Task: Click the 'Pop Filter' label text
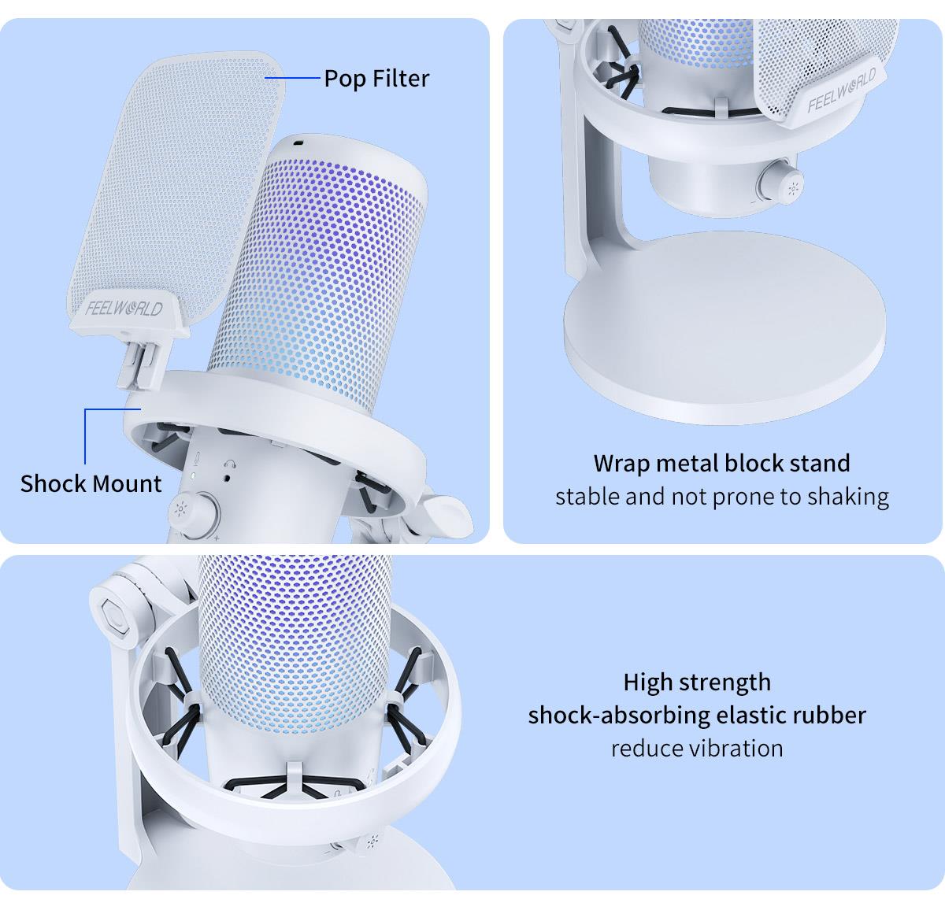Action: click(x=376, y=79)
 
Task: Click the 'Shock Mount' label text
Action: click(x=91, y=483)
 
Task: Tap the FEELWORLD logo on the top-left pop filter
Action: click(x=124, y=309)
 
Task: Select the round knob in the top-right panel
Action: click(x=781, y=185)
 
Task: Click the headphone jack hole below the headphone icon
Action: click(x=228, y=478)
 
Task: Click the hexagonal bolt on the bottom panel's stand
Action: click(x=115, y=616)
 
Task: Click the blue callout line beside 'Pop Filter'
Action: click(x=293, y=77)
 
